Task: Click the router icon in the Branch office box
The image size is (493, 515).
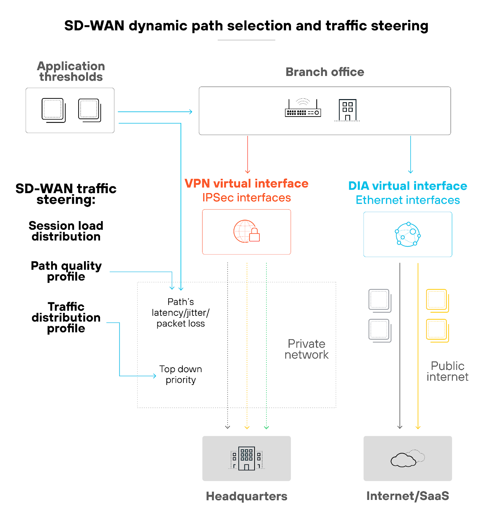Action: click(x=303, y=108)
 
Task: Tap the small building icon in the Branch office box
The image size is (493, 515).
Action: click(x=347, y=110)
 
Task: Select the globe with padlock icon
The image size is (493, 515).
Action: click(x=246, y=231)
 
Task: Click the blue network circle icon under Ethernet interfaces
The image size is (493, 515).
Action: click(x=407, y=234)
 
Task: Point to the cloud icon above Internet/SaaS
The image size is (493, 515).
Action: click(x=407, y=459)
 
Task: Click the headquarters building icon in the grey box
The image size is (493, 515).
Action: click(x=247, y=458)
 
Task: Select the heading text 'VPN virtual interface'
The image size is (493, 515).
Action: click(x=246, y=183)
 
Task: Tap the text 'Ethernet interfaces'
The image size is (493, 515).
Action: click(x=407, y=200)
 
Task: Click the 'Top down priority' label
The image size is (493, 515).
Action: click(x=181, y=374)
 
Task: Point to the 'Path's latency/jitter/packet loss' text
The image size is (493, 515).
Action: click(x=181, y=313)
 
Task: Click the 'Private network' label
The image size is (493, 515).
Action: click(x=306, y=349)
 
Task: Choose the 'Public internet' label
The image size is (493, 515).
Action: click(x=447, y=371)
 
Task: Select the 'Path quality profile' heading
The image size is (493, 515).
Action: click(x=66, y=271)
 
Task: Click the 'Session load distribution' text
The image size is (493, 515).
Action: click(x=66, y=231)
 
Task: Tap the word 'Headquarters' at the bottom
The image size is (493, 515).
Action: click(x=247, y=496)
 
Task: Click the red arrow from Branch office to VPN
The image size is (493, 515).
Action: click(x=247, y=154)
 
